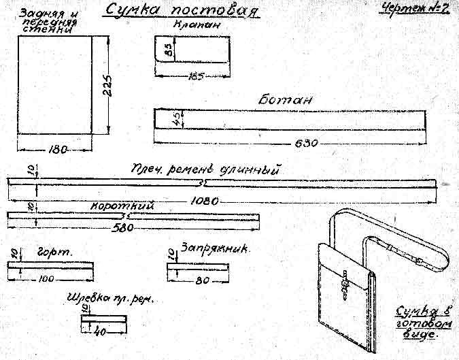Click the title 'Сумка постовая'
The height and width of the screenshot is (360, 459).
click(182, 11)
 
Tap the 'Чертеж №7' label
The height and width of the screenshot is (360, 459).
click(418, 10)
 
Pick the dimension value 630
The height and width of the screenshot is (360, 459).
click(306, 143)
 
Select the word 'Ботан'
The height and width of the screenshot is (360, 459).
click(285, 99)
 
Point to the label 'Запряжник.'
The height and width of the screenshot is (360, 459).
click(215, 249)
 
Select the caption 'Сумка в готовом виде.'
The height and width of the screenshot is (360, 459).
click(418, 323)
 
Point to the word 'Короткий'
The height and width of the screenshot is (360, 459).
click(123, 206)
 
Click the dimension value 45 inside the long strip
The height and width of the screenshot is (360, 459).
click(175, 118)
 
